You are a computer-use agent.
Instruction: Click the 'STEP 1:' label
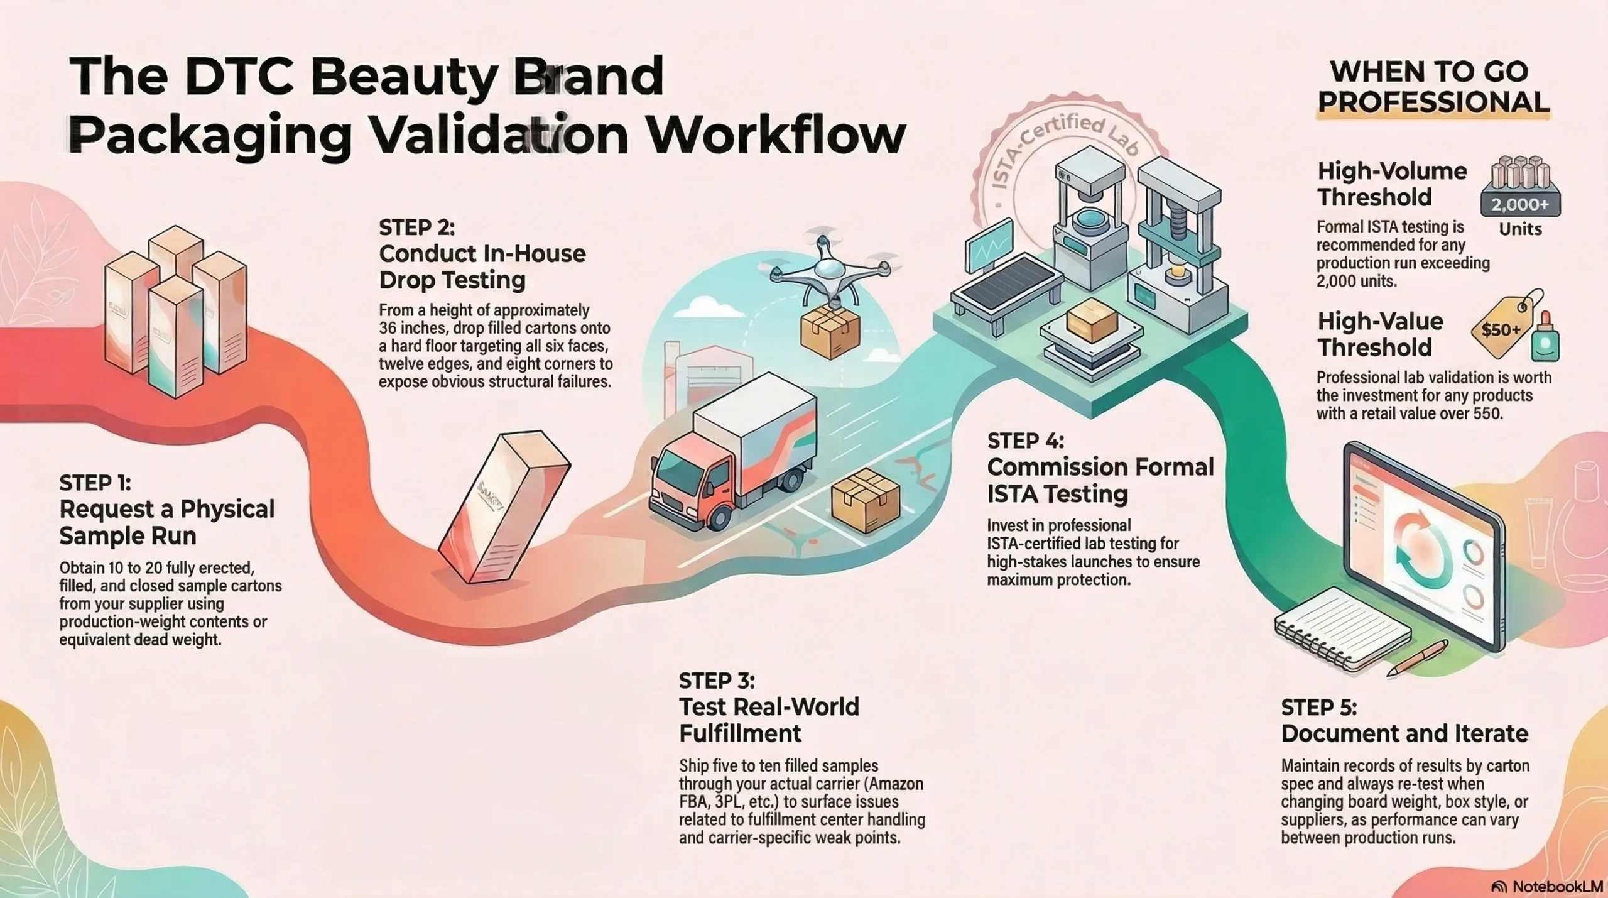tap(95, 483)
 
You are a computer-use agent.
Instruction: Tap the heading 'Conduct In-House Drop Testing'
tap(482, 266)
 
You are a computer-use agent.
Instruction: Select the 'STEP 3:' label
tap(717, 681)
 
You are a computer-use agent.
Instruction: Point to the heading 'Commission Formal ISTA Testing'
tap(1100, 480)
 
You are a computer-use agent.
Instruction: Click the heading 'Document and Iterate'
tap(1404, 733)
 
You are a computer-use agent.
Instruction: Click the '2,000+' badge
tap(1520, 205)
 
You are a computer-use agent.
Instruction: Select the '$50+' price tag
tap(1501, 329)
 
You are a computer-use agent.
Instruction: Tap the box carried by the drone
tap(829, 333)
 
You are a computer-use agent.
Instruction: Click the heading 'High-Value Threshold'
tap(1380, 334)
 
